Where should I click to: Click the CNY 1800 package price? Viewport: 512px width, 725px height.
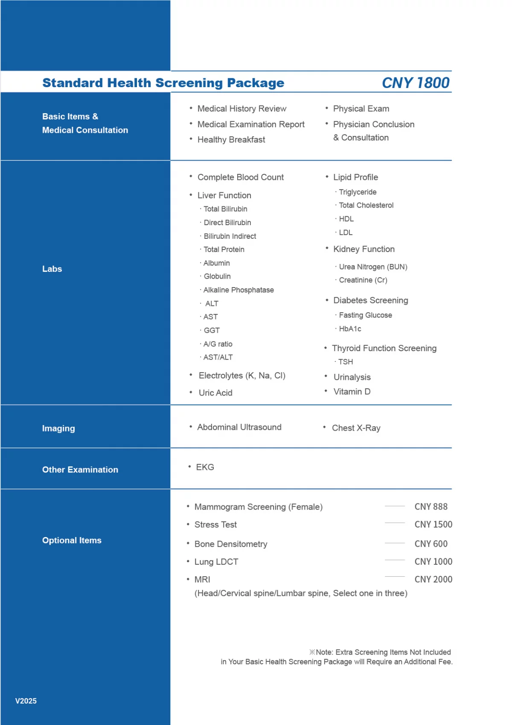[x=415, y=83]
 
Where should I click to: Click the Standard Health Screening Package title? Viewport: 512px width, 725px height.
[x=163, y=83]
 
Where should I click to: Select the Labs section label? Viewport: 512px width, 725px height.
[x=52, y=269]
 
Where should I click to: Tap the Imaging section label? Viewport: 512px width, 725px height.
[x=58, y=429]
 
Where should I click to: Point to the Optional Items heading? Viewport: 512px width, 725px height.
[x=72, y=540]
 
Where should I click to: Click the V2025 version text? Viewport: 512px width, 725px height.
[x=26, y=701]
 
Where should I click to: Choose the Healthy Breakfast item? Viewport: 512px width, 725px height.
[x=231, y=140]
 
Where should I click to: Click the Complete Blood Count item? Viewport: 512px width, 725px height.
[x=240, y=177]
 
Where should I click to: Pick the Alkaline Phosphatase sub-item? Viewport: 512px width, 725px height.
[x=239, y=290]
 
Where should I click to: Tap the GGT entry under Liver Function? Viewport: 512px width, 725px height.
[x=212, y=330]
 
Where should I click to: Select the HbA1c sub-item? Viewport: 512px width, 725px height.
[x=350, y=329]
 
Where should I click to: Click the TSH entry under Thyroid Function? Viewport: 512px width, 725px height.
[x=346, y=362]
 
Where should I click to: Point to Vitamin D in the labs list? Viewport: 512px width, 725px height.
[x=352, y=391]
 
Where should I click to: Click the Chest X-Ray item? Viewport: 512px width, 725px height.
[x=356, y=428]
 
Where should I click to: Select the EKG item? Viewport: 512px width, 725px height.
[x=205, y=467]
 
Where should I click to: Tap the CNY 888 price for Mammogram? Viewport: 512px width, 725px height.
[x=431, y=507]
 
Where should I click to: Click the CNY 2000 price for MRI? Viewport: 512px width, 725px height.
[x=433, y=579]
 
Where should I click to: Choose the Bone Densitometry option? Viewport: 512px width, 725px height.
[x=231, y=544]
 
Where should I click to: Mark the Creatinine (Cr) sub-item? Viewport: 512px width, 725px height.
[x=363, y=280]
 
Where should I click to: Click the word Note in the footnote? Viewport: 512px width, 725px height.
[x=324, y=652]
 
